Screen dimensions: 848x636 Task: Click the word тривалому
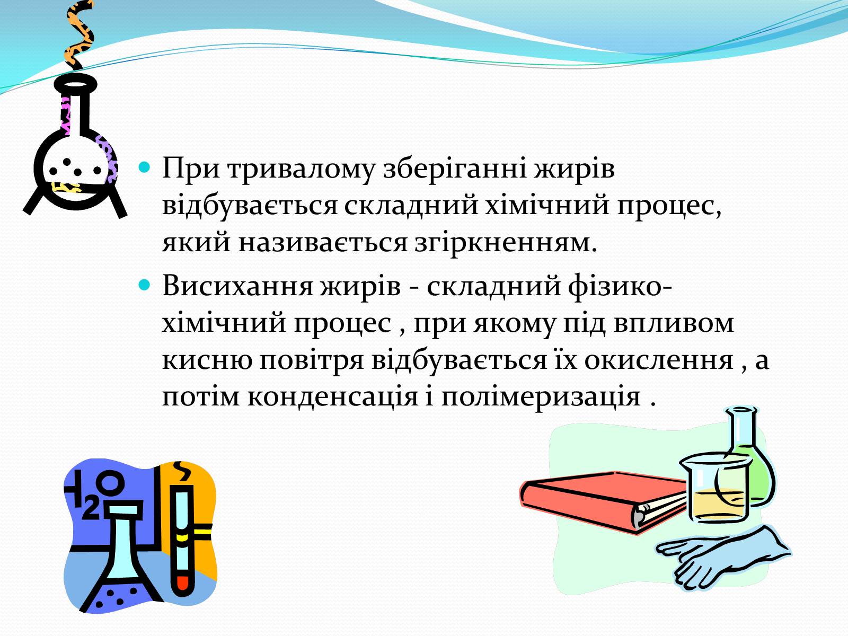click(302, 169)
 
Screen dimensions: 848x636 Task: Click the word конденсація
click(333, 397)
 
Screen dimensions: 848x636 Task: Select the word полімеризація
click(541, 397)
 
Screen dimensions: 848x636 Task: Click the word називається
click(323, 244)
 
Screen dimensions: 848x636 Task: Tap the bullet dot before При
click(144, 167)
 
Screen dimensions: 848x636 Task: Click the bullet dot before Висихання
click(144, 286)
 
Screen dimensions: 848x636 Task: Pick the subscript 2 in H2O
click(91, 510)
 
